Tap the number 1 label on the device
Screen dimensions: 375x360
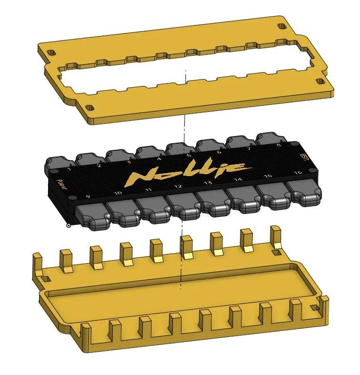(70, 169)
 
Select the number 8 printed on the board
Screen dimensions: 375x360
(279, 145)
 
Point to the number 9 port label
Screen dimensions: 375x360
(88, 196)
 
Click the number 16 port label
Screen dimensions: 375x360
(298, 172)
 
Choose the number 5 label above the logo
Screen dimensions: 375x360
(189, 155)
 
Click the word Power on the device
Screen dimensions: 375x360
(62, 184)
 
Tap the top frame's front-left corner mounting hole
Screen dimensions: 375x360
(90, 108)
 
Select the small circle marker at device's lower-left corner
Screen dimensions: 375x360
(69, 226)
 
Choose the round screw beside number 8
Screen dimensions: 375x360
(294, 144)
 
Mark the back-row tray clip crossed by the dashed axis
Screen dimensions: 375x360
(186, 247)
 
